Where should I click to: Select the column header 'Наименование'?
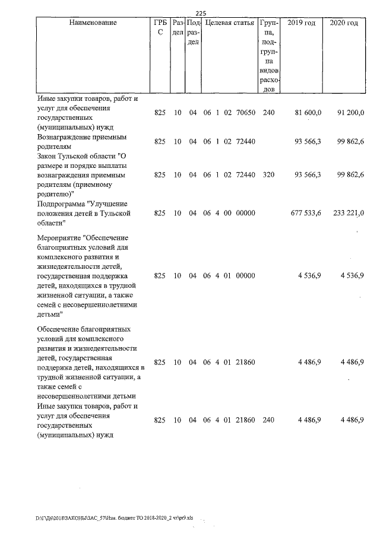(x=93, y=23)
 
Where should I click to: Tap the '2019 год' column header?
(x=301, y=23)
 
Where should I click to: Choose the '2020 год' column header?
(x=344, y=23)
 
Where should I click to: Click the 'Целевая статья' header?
(x=229, y=23)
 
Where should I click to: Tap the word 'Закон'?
(x=47, y=156)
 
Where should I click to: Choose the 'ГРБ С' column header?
(x=160, y=28)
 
